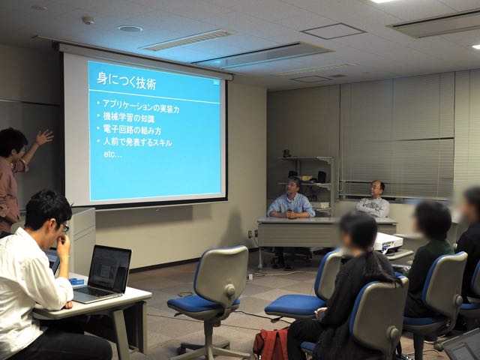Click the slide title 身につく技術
tap(127, 80)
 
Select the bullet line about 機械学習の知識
tap(129, 118)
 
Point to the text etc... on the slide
tap(113, 154)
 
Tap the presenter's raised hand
tap(44, 136)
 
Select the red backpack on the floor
tap(271, 343)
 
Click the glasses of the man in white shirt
tap(64, 227)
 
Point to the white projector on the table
tap(388, 242)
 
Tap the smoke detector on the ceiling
tap(88, 20)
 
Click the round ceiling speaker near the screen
tap(130, 28)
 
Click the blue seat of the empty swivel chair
tap(203, 304)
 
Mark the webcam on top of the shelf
tap(286, 153)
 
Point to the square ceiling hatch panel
tap(333, 31)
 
